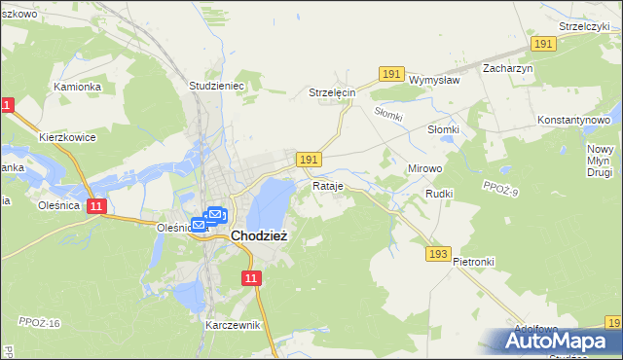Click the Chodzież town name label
point(258,235)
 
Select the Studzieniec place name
point(215,86)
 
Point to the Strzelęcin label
point(333,92)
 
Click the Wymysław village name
point(433,80)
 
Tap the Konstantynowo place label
point(579,120)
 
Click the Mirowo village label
point(424,168)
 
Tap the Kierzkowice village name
point(67,137)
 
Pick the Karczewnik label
point(233,325)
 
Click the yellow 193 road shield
point(438,253)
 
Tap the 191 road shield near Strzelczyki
point(543,45)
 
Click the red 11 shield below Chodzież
point(252,278)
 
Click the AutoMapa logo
point(560,341)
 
